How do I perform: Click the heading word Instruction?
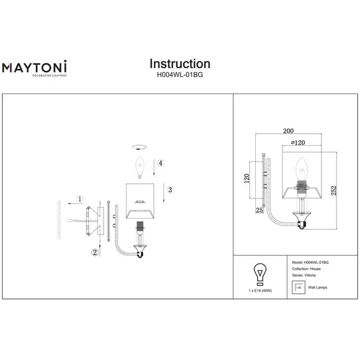[x=180, y=64]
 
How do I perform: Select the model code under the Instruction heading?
[x=180, y=74]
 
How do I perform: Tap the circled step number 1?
[x=80, y=199]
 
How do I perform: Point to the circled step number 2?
[x=95, y=253]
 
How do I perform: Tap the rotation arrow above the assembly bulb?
[x=139, y=146]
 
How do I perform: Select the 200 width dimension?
[x=289, y=131]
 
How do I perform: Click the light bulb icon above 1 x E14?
[x=258, y=273]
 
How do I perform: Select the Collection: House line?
[x=308, y=269]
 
